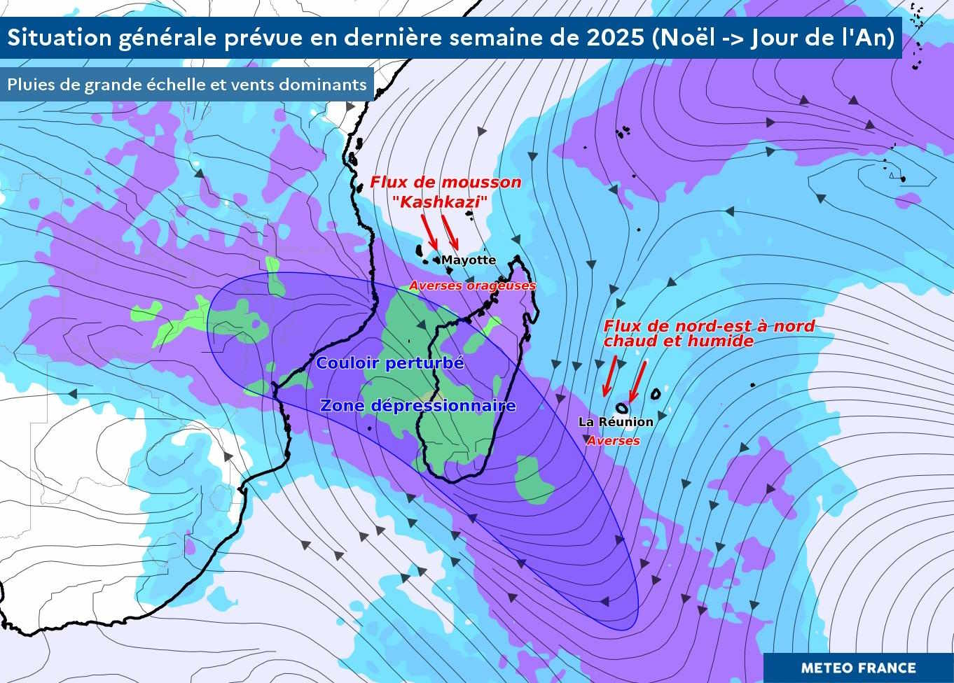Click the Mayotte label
(468, 260)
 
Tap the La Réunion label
(615, 422)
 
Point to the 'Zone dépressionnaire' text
(417, 406)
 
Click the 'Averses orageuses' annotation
(472, 286)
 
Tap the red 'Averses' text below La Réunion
(613, 442)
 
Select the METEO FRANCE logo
(858, 668)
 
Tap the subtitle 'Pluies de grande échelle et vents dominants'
(187, 85)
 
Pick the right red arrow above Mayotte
(450, 232)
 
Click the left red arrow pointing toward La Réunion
(609, 376)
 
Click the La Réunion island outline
(621, 407)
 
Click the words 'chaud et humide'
(678, 341)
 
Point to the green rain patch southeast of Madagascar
(534, 479)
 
